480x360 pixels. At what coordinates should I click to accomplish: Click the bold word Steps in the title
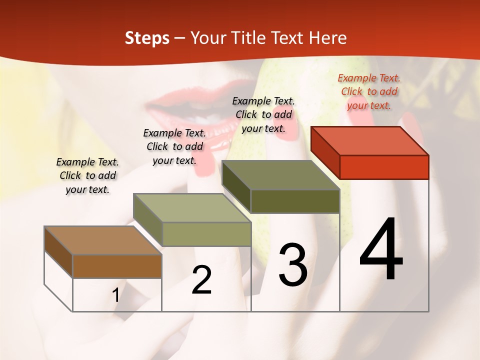147,38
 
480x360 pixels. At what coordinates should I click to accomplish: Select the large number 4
381,250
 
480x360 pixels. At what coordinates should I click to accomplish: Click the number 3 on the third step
293,265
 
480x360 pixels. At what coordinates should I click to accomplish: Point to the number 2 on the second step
201,280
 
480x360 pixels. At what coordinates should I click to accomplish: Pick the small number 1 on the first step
116,295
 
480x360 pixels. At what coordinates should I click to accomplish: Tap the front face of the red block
384,167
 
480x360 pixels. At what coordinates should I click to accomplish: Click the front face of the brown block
117,266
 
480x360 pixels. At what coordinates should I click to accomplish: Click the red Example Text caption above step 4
369,91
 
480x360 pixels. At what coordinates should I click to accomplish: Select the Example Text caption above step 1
87,175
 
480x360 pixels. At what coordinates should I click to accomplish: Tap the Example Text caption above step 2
174,146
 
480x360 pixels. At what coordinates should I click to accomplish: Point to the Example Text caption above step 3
263,114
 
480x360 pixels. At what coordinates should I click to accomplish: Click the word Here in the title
329,38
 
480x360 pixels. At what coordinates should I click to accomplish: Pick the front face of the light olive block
206,234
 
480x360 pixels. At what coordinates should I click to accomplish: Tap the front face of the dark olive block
295,201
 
